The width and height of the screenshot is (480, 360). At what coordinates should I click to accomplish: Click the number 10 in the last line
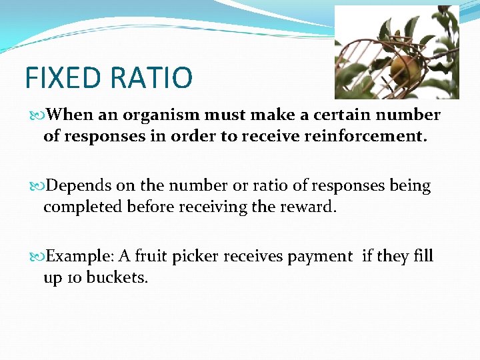(x=74, y=278)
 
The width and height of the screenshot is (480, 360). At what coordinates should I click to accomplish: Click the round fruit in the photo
(x=404, y=69)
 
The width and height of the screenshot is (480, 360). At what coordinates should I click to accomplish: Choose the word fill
(x=423, y=257)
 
